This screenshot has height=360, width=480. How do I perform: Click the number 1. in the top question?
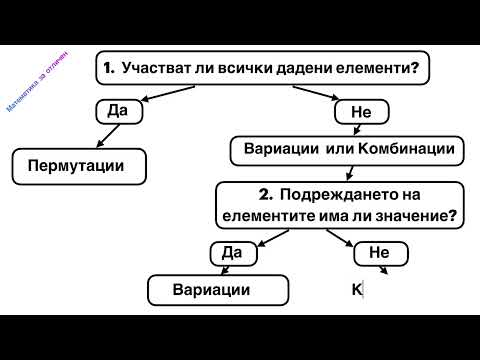[x=109, y=69]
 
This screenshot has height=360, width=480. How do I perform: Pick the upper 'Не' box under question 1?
[x=361, y=113]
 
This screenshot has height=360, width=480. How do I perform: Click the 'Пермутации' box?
[x=76, y=163]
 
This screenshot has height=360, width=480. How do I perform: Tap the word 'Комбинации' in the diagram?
[x=404, y=150]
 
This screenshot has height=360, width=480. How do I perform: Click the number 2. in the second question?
[x=264, y=193]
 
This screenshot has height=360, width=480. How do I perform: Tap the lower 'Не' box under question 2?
[x=377, y=254]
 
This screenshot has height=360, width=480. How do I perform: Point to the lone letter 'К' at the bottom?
[x=355, y=290]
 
